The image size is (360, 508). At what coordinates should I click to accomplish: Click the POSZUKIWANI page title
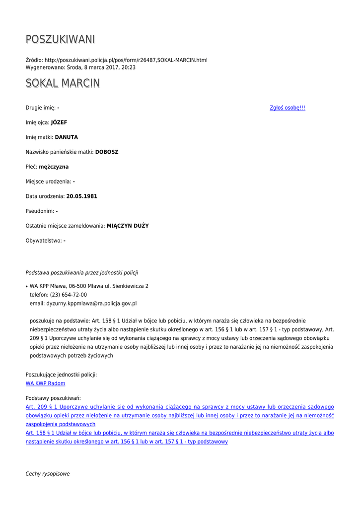60,39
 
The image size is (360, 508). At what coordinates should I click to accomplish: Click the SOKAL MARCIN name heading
63,83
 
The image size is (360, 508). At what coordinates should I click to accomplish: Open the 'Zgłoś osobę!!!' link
287,108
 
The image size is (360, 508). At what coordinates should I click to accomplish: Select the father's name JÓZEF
59,123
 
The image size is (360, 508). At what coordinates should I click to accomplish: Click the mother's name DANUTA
66,137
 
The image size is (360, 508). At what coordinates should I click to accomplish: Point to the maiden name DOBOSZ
107,152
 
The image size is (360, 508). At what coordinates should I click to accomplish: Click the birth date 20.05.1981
81,196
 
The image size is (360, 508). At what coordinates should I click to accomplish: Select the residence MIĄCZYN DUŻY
128,226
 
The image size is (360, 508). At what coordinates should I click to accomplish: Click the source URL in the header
126,60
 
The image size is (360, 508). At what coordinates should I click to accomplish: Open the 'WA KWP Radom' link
45,383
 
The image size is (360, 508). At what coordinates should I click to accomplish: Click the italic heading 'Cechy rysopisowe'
48,474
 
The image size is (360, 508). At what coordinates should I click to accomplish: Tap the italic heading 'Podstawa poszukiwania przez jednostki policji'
82,272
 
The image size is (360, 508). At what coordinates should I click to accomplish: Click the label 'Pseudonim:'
40,211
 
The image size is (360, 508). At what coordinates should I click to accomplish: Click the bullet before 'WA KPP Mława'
26,287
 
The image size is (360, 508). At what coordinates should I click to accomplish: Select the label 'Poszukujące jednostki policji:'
61,375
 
